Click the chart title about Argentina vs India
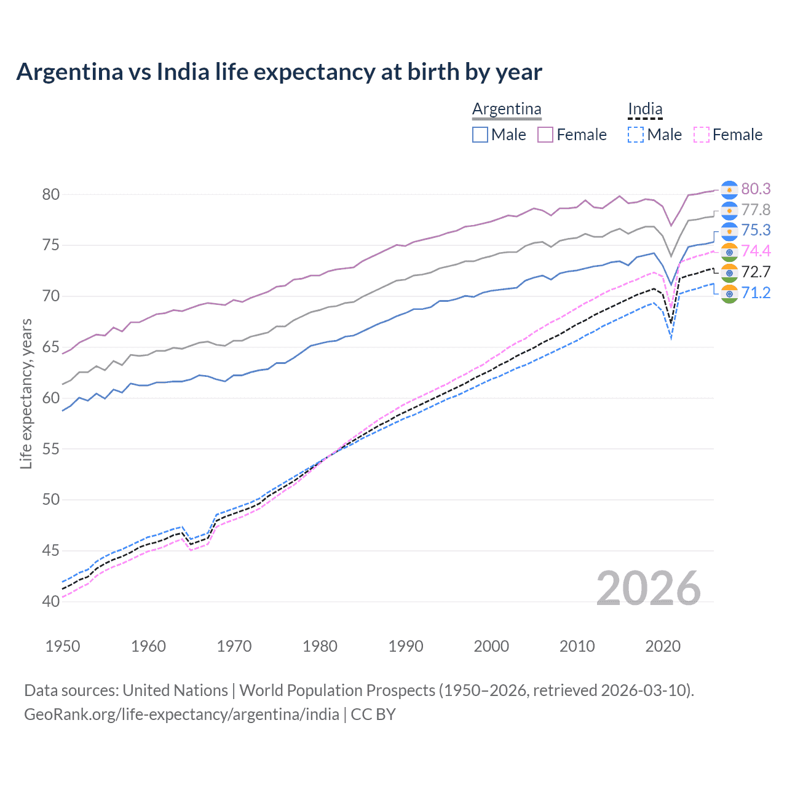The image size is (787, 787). tap(279, 72)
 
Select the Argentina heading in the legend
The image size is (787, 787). tap(507, 109)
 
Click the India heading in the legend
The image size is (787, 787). tap(645, 109)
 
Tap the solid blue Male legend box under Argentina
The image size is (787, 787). tap(480, 135)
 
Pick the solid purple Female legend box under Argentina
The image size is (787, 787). tap(545, 135)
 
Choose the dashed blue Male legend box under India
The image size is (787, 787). tap(636, 135)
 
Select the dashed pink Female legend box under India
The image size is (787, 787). tap(702, 135)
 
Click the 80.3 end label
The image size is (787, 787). tap(756, 189)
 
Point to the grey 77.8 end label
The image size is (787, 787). tap(756, 210)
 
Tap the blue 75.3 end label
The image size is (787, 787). tap(756, 230)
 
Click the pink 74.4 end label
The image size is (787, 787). tap(756, 251)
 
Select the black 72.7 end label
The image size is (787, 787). tap(756, 272)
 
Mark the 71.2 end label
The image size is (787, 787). tap(756, 293)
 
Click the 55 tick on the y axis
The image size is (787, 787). tap(51, 449)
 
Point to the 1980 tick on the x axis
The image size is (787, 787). tap(320, 646)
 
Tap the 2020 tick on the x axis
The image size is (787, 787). tap(663, 646)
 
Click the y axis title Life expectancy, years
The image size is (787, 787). tap(26, 393)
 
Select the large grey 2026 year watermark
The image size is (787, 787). tap(648, 588)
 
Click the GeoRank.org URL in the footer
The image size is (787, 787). tap(181, 714)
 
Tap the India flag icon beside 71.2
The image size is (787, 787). tap(729, 293)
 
